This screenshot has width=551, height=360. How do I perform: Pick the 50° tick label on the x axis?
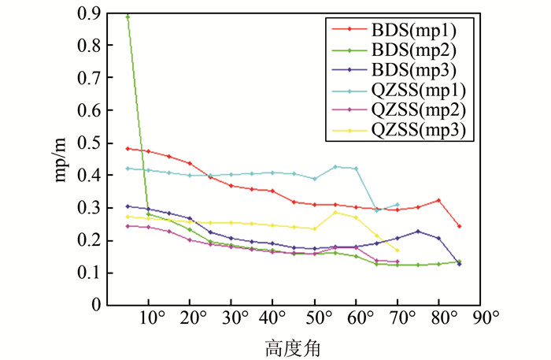pos(316,317)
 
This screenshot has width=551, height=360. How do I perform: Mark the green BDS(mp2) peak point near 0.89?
pos(128,17)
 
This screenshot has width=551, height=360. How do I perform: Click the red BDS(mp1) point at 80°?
pos(438,200)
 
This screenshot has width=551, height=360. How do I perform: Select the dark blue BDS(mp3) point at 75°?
pos(418,232)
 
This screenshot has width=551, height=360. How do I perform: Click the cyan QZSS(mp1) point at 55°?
pos(335,167)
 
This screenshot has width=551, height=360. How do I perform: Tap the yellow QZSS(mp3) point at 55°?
pos(335,212)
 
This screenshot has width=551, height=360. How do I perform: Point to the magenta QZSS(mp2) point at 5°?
pos(128,226)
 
